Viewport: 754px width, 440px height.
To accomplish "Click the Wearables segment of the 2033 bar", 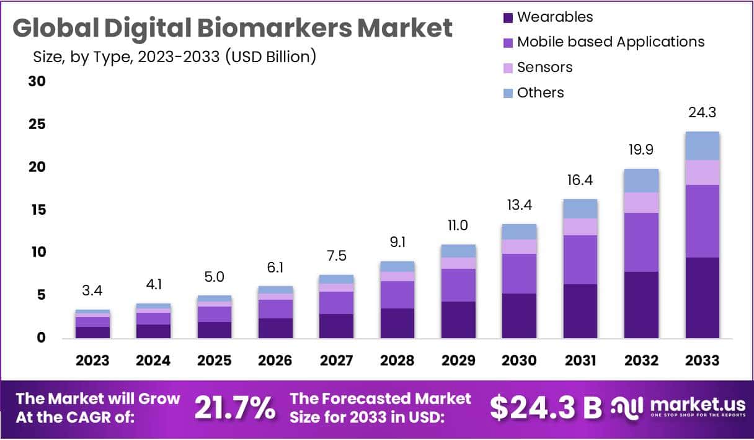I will [702, 297].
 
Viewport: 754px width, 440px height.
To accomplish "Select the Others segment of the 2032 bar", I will [641, 181].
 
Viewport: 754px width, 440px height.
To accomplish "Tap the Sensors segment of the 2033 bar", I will [702, 172].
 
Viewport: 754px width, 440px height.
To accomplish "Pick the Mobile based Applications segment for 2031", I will [580, 259].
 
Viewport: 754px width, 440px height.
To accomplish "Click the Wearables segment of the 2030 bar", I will [519, 315].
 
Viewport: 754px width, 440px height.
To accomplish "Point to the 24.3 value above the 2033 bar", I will [702, 113].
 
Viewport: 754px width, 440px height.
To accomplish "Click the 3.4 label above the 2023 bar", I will [92, 290].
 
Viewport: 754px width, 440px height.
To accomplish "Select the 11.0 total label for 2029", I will [458, 225].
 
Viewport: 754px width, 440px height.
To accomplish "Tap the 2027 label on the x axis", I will [336, 361].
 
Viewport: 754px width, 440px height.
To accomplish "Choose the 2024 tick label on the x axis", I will [153, 361].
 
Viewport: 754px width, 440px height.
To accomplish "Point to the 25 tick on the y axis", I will [38, 125].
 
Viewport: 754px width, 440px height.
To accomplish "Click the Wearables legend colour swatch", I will [508, 18].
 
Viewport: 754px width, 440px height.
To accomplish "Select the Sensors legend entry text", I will [544, 67].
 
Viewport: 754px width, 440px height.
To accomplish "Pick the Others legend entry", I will [540, 92].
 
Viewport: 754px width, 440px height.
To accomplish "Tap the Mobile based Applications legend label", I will [611, 42].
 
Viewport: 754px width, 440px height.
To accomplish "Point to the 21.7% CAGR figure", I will [235, 408].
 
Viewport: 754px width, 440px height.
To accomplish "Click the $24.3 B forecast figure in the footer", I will [546, 408].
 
